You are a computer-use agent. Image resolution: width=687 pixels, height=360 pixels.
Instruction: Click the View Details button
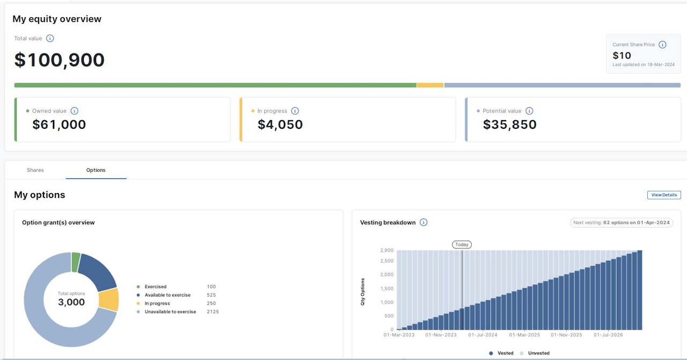click(x=664, y=195)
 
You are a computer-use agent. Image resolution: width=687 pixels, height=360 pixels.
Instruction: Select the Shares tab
click(x=35, y=170)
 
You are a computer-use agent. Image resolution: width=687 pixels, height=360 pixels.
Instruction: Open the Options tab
click(x=96, y=170)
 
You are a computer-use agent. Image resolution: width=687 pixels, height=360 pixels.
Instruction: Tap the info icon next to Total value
click(x=50, y=39)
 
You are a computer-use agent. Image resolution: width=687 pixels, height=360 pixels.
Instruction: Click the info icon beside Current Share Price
click(x=662, y=45)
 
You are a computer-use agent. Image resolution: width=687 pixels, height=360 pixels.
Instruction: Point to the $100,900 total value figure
click(x=60, y=60)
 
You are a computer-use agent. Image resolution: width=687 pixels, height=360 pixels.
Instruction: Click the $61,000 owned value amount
click(x=59, y=125)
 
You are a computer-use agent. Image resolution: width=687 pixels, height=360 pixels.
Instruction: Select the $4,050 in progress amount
click(x=280, y=125)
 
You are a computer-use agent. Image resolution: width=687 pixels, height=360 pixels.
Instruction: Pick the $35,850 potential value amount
click(x=509, y=125)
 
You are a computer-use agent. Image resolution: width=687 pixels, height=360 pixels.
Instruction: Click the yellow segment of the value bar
click(x=430, y=85)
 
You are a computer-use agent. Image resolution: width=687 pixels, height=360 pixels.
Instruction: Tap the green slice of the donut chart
click(x=76, y=262)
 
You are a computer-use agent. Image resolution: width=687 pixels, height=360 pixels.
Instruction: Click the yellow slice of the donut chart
click(x=109, y=299)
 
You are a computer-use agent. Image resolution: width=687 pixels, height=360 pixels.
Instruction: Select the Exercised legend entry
click(x=156, y=286)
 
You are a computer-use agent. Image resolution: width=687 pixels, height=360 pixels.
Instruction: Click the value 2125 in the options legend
click(x=213, y=312)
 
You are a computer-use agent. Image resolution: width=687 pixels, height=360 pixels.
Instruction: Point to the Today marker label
click(x=462, y=245)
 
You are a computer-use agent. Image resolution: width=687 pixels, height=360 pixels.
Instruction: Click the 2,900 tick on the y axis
click(x=386, y=251)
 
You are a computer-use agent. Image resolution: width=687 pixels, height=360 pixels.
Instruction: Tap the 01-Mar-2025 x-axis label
click(x=524, y=335)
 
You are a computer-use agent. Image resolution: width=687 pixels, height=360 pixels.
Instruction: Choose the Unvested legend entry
click(x=538, y=353)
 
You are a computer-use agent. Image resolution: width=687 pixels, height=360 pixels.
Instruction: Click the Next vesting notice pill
click(x=622, y=223)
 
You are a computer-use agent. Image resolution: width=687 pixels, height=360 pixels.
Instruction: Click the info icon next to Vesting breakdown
click(x=423, y=223)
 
